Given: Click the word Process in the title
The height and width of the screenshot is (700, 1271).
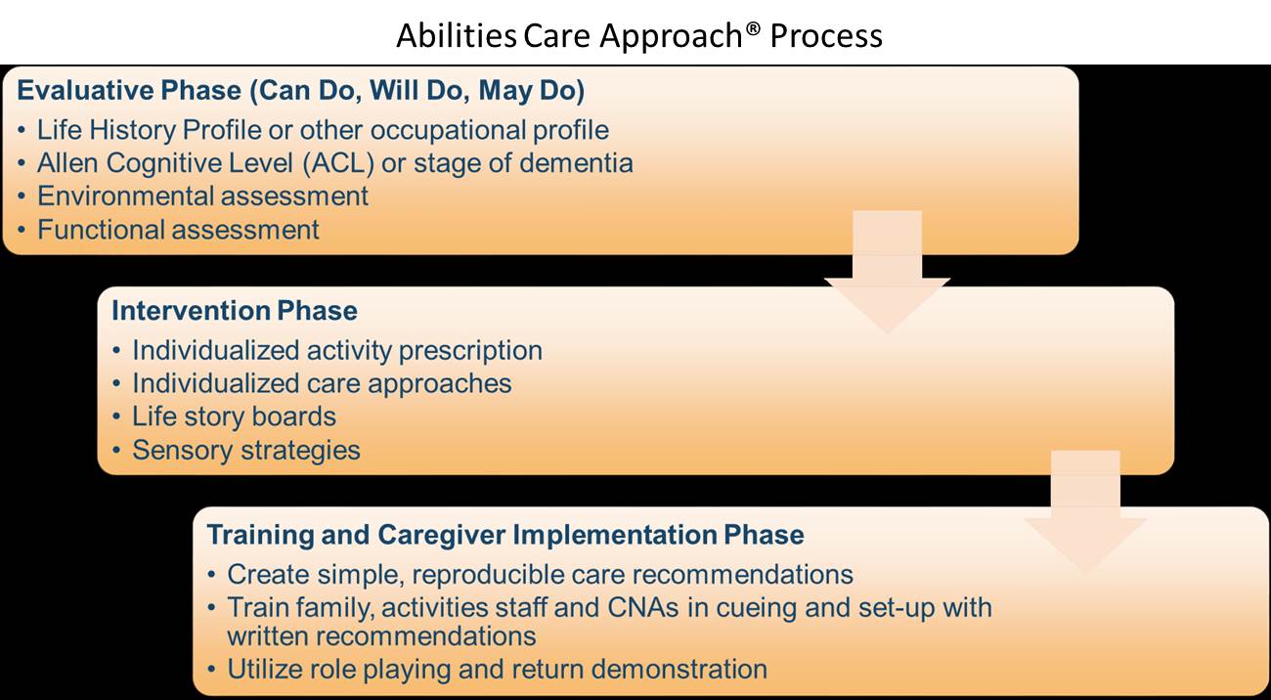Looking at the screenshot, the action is pyautogui.click(x=826, y=36).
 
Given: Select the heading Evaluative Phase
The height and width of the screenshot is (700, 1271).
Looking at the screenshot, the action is pyautogui.click(x=129, y=90).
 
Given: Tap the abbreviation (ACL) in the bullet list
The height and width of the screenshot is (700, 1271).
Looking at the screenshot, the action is pyautogui.click(x=338, y=163).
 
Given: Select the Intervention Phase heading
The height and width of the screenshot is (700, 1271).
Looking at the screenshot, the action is pyautogui.click(x=235, y=310).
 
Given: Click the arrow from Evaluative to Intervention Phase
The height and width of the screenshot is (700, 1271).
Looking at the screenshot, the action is pyautogui.click(x=887, y=273).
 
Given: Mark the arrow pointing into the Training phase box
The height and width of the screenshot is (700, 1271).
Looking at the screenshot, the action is pyautogui.click(x=1085, y=511).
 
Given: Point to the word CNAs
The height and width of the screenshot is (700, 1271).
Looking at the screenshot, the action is pyautogui.click(x=643, y=607).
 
